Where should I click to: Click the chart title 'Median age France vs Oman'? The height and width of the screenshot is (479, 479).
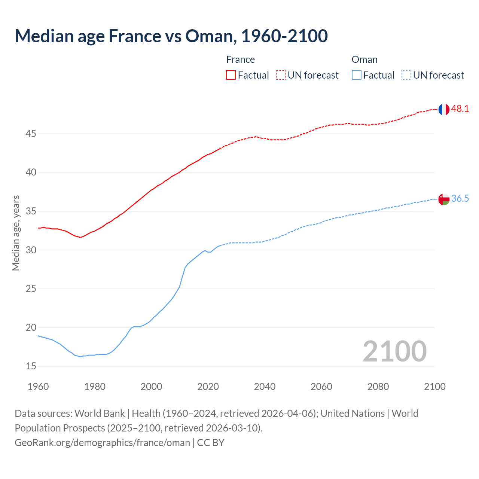coord(171,36)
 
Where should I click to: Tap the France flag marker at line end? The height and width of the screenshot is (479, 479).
coord(443,109)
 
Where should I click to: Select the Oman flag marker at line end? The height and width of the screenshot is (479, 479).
coord(443,199)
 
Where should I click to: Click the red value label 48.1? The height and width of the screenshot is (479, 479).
coord(460,109)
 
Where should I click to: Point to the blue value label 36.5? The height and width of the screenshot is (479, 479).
coord(460,199)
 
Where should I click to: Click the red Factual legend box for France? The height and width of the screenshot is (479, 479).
coord(231,75)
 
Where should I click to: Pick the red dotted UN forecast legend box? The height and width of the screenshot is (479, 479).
coord(281,75)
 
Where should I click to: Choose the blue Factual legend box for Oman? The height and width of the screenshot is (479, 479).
coord(357,75)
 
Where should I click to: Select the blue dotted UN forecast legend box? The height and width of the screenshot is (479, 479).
coord(406,75)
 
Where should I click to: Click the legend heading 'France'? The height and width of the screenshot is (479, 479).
coord(240,60)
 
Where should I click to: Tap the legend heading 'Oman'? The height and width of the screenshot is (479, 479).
coord(364,60)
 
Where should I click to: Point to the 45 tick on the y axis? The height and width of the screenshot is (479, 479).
coord(31,134)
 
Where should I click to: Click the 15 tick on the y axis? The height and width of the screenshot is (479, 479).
coord(31,366)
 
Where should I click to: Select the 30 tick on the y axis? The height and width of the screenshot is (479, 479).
coord(31,250)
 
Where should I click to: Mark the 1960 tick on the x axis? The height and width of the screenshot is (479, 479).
coord(38,387)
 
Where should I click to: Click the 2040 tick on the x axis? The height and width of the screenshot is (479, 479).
coord(265,387)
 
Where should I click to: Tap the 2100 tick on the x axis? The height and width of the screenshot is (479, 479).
coord(434,387)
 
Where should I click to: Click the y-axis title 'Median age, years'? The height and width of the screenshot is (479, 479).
coord(16,233)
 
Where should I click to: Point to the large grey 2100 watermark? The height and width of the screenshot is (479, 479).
coord(394,351)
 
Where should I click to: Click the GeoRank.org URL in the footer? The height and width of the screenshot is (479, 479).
coord(102,443)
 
